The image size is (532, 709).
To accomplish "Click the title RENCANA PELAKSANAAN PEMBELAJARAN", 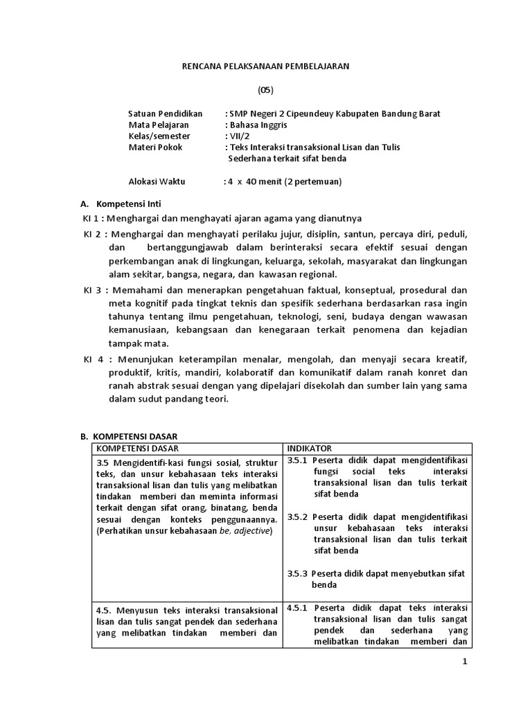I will [x=266, y=66].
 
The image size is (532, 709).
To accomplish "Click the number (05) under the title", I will [x=266, y=90].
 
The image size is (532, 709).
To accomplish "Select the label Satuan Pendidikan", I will [x=165, y=114].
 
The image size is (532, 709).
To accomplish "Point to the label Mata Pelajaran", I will [x=158, y=125].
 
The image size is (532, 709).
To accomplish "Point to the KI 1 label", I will [x=91, y=218].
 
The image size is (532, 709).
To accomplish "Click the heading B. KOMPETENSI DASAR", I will [x=130, y=436].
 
